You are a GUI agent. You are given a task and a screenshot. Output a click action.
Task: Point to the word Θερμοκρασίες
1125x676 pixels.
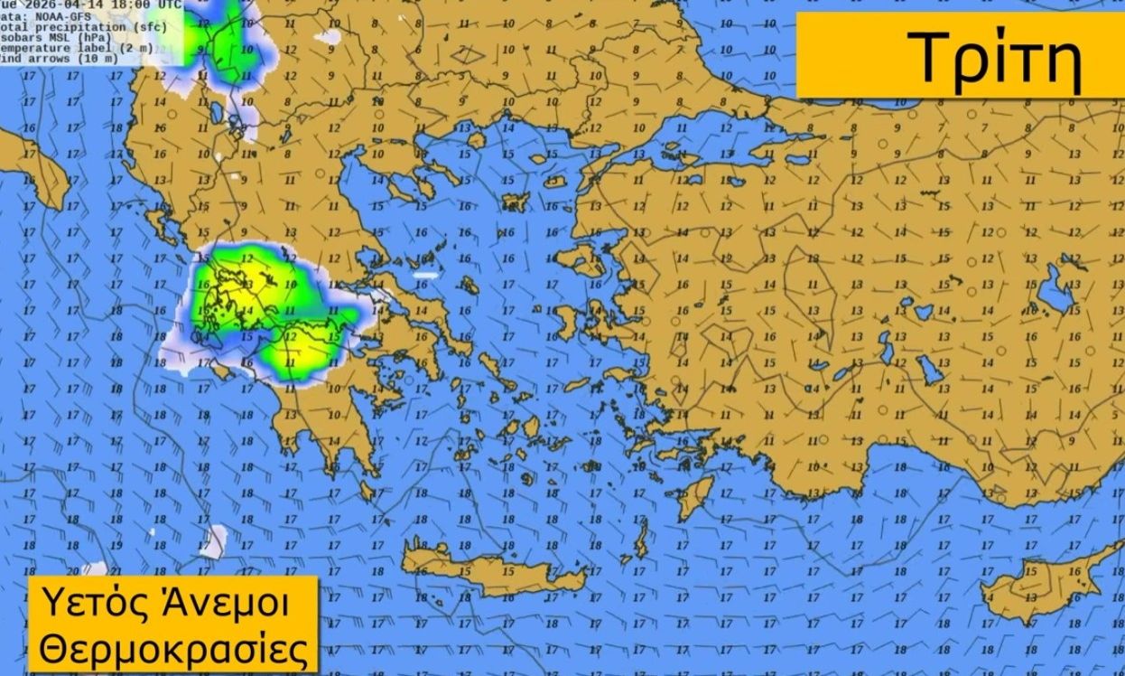(x=172, y=648)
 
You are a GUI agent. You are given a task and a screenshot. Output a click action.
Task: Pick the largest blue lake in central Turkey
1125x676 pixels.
(x=1055, y=291)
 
